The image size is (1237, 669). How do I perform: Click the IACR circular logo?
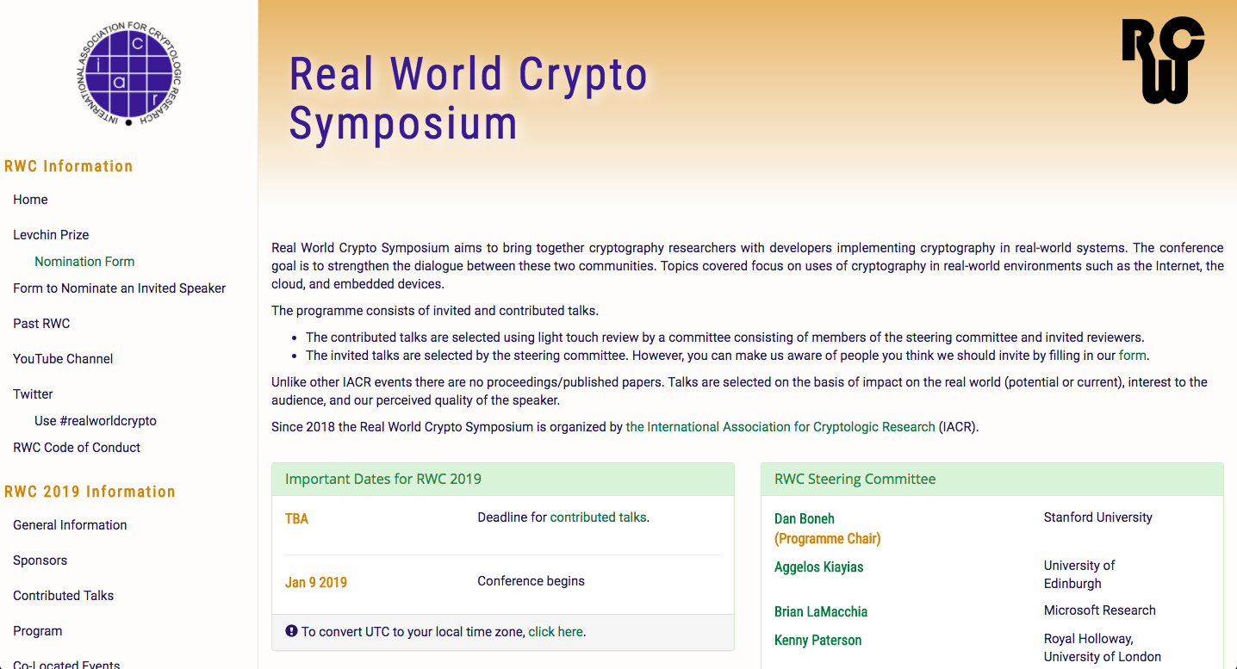point(128,74)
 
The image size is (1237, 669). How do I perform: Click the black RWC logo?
point(1162,60)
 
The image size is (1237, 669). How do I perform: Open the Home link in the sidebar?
point(30,200)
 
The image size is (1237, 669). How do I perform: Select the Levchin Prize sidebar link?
point(51,235)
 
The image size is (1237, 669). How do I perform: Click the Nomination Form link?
point(84,262)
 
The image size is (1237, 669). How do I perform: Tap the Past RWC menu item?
point(41,324)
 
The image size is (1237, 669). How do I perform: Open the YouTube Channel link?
point(63,359)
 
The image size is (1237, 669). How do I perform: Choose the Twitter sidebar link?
point(33,394)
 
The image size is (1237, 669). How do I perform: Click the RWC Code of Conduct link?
point(77,448)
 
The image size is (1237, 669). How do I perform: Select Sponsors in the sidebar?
point(40,561)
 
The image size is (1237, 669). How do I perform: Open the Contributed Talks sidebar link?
point(63,596)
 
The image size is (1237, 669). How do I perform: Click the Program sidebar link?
point(37,631)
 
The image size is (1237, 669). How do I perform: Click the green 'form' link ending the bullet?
point(1132,356)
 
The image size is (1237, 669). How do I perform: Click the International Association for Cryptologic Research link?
point(780,427)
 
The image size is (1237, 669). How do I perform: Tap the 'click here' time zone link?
point(556,632)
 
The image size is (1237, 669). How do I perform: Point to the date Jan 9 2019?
point(316,583)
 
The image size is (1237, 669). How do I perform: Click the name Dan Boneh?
point(805,519)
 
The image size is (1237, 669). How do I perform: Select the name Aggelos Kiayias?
point(818,567)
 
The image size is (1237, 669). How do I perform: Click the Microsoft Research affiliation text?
point(1099,610)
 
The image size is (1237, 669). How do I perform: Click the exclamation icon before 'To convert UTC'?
point(291,631)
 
